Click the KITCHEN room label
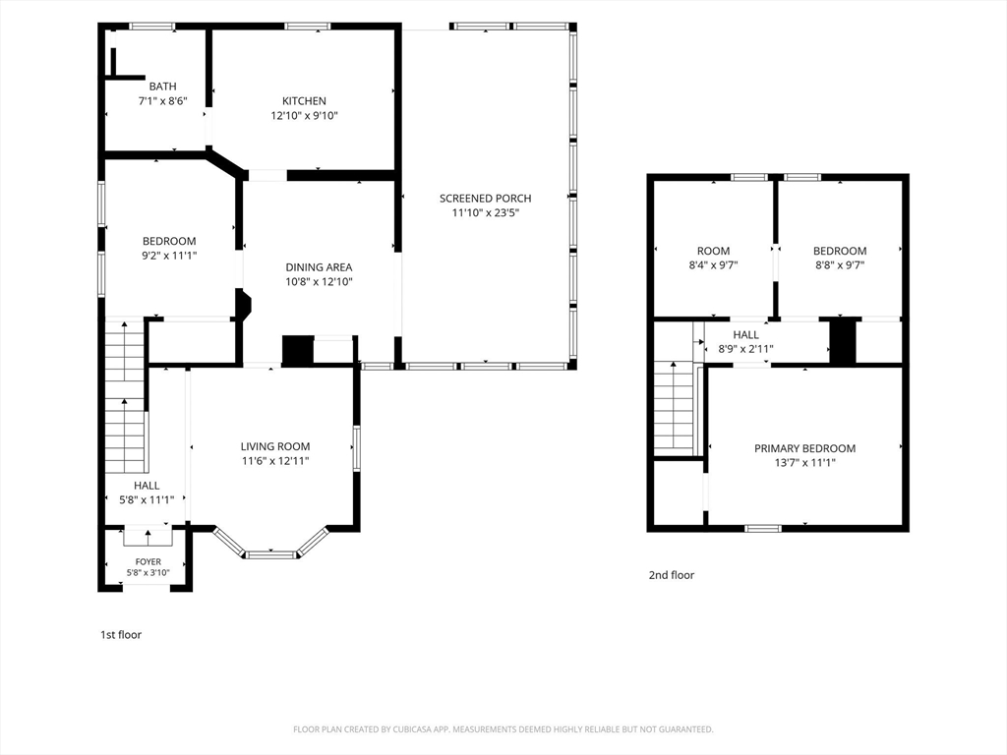304,101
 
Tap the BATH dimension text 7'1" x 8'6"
162,101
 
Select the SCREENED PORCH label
486,199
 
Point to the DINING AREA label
320,267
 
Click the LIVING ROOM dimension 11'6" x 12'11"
275,461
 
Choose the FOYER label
148,561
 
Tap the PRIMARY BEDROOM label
804,448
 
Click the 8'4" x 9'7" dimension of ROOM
713,264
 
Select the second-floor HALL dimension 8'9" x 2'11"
745,349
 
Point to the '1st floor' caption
121,634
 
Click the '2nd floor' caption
671,575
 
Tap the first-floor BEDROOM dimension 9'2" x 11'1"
169,256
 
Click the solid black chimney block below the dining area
298,351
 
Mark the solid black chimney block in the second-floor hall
844,341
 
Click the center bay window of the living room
271,554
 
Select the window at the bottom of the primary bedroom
763,528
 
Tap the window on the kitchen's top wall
308,27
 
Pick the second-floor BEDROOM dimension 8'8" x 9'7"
840,264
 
